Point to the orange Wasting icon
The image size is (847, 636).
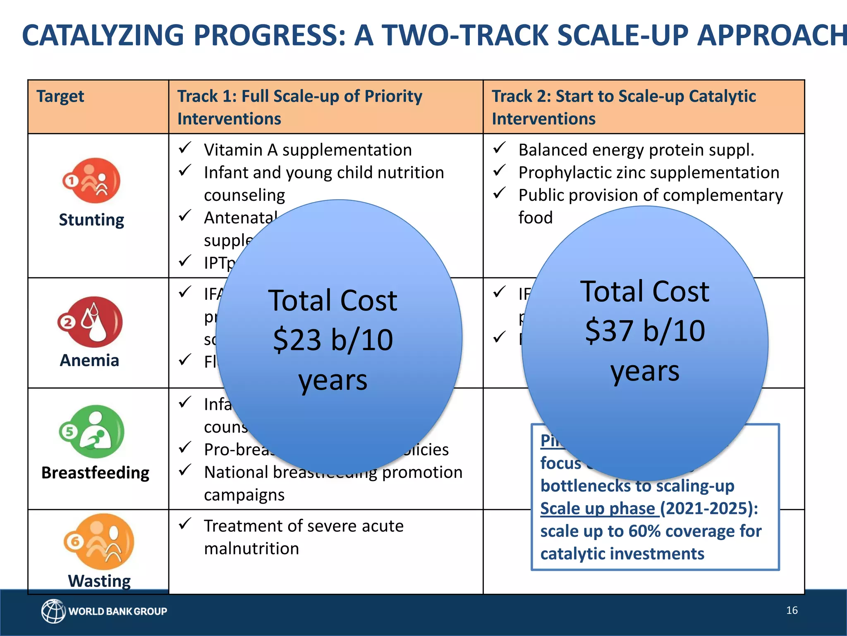coord(99,542)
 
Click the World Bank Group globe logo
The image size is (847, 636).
coord(53,611)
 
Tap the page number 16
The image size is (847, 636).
coord(792,610)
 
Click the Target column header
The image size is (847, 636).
coord(60,96)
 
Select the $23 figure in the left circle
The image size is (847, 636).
coord(297,340)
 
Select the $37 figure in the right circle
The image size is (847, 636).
coord(609,331)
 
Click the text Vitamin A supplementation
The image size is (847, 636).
coord(308,150)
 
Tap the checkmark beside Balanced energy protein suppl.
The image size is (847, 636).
coord(500,148)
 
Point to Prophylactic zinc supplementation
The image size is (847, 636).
coord(648,173)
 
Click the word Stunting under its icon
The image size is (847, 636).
coord(91,219)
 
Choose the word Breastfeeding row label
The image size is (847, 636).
coord(96,472)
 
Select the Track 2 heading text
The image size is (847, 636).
coord(624,107)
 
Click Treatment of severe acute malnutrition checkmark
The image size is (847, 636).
coord(184,524)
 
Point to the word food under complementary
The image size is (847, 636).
coord(535,218)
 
